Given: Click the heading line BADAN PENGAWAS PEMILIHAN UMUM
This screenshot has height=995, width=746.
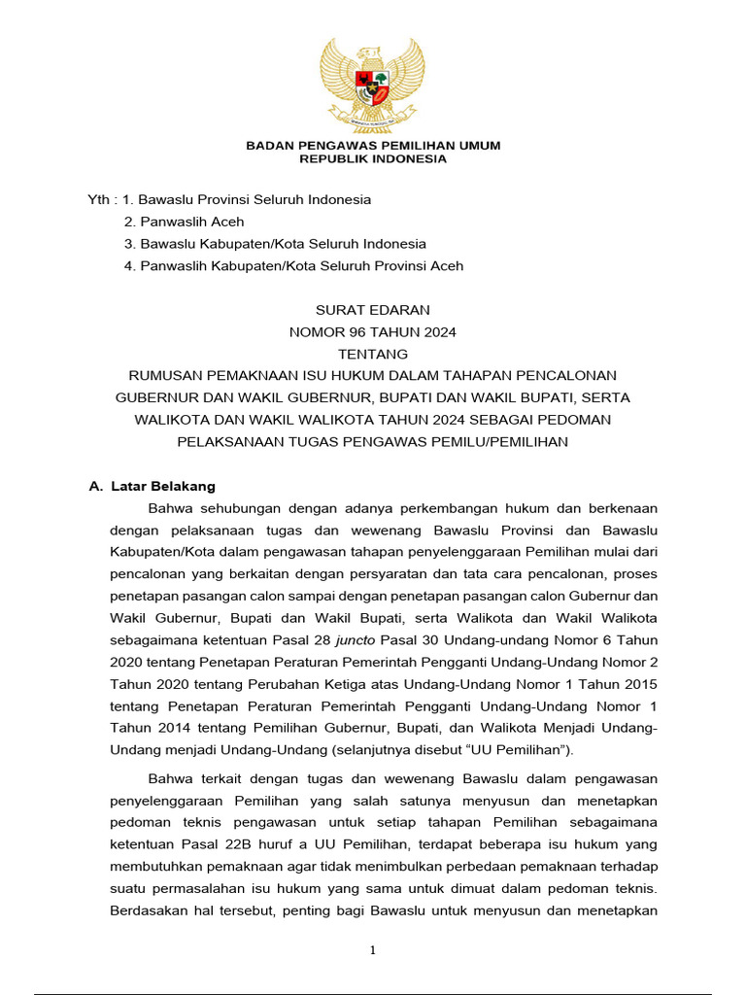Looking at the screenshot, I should coord(373,146).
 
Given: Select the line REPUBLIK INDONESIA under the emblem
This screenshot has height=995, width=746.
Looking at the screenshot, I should coord(373,159).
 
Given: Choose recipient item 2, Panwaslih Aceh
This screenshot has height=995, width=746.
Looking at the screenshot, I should coord(192,222).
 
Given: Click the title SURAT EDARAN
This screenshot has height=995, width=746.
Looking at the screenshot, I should coord(373,310).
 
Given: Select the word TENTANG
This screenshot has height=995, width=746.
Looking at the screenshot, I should coord(373,354).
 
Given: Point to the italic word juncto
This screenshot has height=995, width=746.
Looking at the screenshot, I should coord(356,640).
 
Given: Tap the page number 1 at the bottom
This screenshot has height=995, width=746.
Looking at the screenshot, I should coord(373,950).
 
